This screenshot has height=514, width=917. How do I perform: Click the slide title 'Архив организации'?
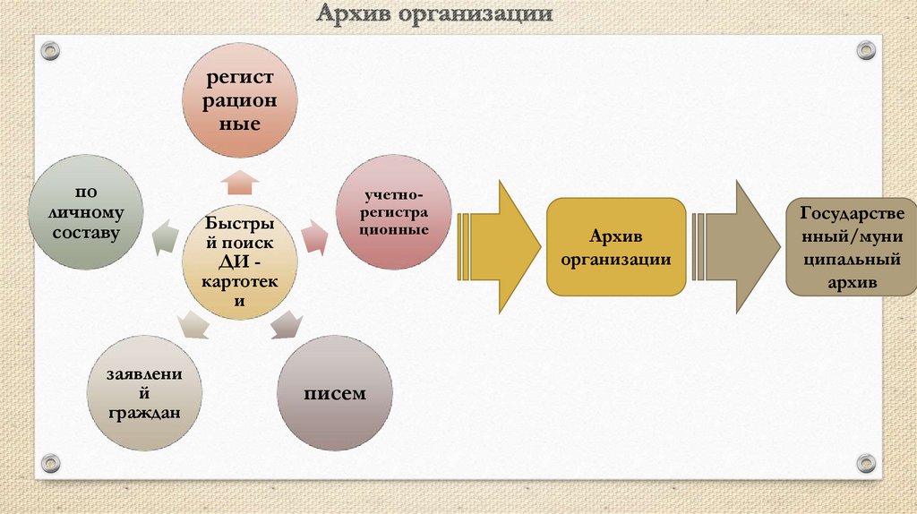tap(433, 15)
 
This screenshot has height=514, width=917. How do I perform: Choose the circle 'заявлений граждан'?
tap(143, 393)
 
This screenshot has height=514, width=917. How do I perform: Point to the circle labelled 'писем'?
tap(333, 393)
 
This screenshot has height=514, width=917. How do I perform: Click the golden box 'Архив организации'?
tap(617, 247)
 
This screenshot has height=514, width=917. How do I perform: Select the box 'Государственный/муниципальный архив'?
tap(852, 248)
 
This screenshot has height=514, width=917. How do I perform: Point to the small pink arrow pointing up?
tap(239, 183)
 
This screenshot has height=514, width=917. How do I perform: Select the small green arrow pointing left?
tap(165, 236)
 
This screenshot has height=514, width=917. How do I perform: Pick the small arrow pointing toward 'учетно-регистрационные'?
tap(313, 236)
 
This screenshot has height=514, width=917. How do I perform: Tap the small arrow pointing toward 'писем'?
tap(286, 324)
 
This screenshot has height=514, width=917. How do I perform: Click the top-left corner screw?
tap(50, 49)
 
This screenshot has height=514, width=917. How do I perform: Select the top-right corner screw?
tap(865, 49)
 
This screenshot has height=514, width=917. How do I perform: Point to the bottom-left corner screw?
tap(50, 463)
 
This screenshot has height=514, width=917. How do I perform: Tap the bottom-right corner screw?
tap(865, 463)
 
